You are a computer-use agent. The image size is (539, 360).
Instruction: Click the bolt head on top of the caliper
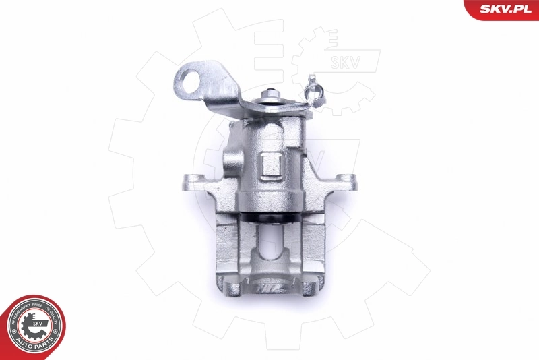(x=269, y=94)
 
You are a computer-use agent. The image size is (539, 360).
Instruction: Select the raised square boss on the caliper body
(x=271, y=164)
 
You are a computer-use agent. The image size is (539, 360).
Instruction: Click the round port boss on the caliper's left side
(x=230, y=161)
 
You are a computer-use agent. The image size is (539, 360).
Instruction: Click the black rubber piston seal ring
(x=269, y=219)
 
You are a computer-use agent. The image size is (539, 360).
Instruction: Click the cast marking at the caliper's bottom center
(x=269, y=287)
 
